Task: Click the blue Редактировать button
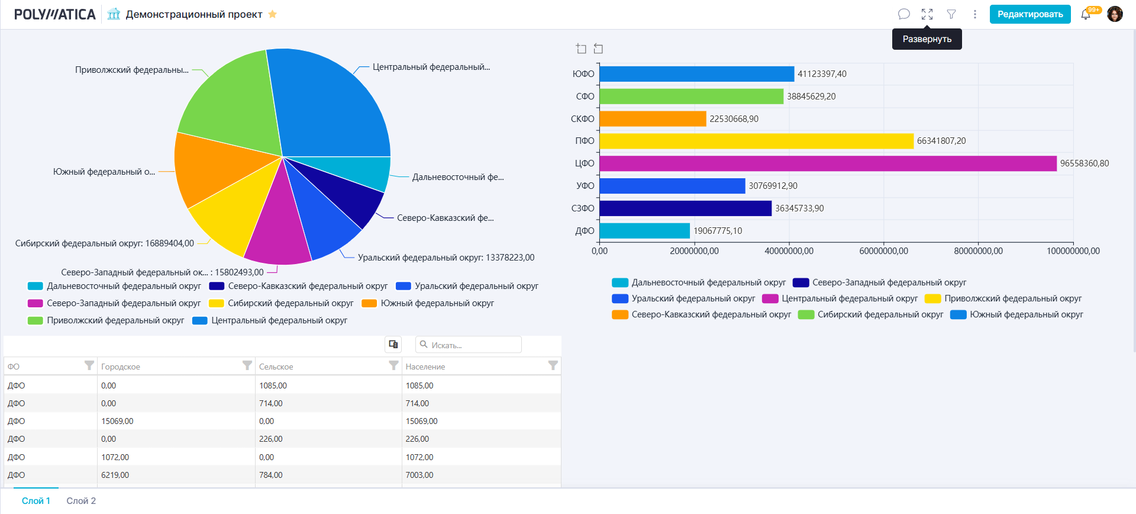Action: [x=1029, y=14]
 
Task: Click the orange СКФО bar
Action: [x=653, y=119]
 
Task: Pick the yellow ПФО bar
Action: [x=756, y=141]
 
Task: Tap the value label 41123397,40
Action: [x=822, y=74]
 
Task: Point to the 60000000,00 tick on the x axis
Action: [x=883, y=251]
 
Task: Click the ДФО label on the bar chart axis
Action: [x=585, y=231]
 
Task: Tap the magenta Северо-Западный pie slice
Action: [x=276, y=234]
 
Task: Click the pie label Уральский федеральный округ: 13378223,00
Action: [x=446, y=258]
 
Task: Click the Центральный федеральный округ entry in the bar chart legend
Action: [x=849, y=298]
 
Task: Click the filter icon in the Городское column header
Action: [x=247, y=366]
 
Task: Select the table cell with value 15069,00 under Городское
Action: [x=117, y=421]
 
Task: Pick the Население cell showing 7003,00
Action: [x=419, y=475]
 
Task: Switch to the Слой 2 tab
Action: [x=81, y=501]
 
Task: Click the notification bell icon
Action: [x=1085, y=15]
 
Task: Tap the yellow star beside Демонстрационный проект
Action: [x=273, y=14]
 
